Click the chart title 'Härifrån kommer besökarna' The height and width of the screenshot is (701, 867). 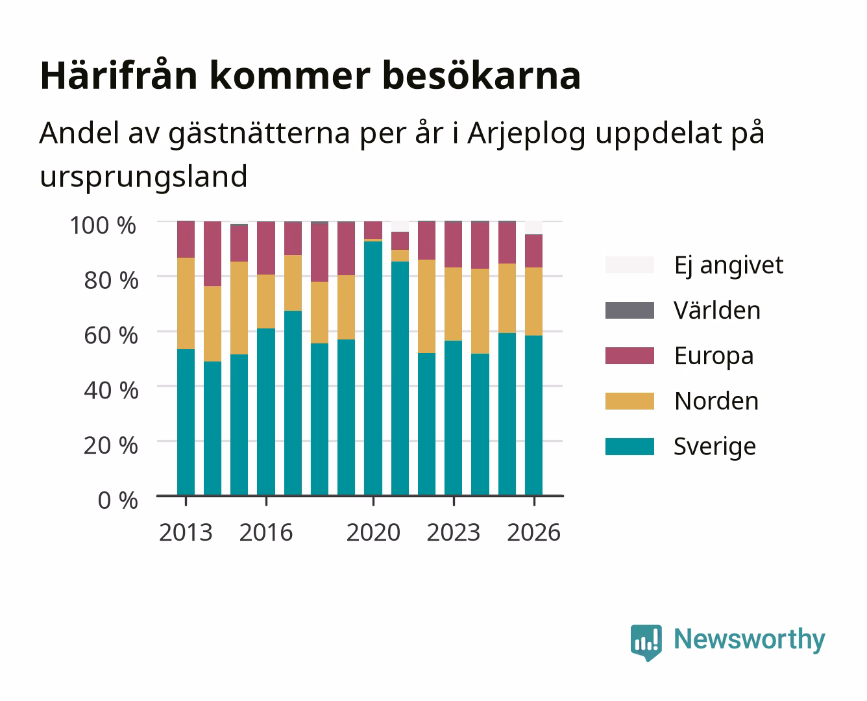pos(310,76)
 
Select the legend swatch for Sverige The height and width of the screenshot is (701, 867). pos(629,446)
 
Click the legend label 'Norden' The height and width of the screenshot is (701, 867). pos(716,401)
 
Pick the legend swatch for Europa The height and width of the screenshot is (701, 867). pos(629,356)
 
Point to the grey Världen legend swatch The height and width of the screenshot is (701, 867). pos(629,310)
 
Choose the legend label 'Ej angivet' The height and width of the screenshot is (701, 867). pos(729,266)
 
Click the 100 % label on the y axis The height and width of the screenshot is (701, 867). pos(103,225)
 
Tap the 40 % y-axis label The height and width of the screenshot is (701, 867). pos(111,390)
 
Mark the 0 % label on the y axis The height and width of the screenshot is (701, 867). pos(117,500)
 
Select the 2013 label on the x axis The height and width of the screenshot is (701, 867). pos(186,532)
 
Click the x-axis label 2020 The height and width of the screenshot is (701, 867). pos(373,532)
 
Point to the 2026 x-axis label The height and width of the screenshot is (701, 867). pos(533,532)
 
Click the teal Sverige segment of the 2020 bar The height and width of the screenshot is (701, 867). pos(373,369)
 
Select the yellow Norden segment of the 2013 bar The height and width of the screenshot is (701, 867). pos(186,303)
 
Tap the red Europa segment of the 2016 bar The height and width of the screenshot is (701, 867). pos(266,249)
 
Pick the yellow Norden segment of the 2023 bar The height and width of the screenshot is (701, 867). pos(453,304)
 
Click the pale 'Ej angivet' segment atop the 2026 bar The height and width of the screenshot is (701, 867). pos(533,228)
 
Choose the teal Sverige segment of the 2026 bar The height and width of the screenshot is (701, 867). pos(533,415)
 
